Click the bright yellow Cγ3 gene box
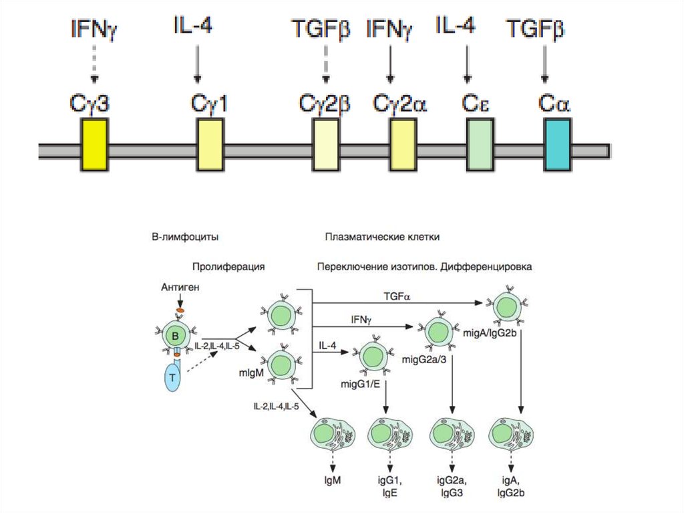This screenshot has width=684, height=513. point(94,144)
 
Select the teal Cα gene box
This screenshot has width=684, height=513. point(558,144)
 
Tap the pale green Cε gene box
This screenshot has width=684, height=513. point(480,144)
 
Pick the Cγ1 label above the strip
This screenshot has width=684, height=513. point(210,104)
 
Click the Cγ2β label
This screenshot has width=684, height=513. point(324,104)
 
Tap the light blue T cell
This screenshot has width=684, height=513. point(174,377)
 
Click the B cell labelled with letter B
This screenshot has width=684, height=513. point(175,334)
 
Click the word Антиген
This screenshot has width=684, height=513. point(180,287)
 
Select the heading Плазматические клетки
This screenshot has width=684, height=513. point(382,237)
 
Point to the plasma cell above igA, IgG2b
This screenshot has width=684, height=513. point(511,436)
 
